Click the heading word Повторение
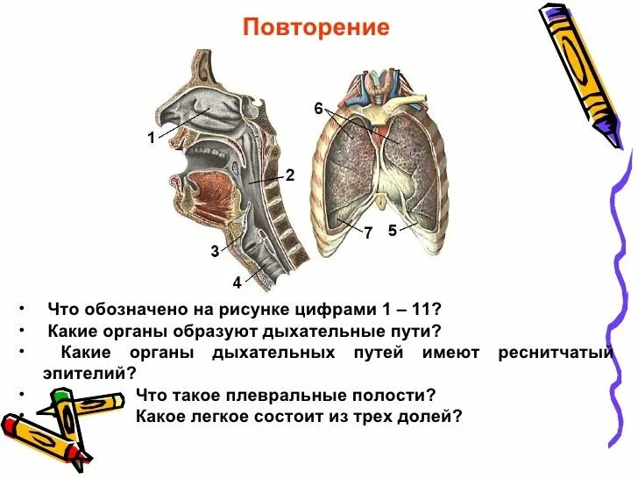(x=316, y=27)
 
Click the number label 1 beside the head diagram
(x=151, y=137)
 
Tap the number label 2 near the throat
(x=289, y=175)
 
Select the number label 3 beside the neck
(x=215, y=252)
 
